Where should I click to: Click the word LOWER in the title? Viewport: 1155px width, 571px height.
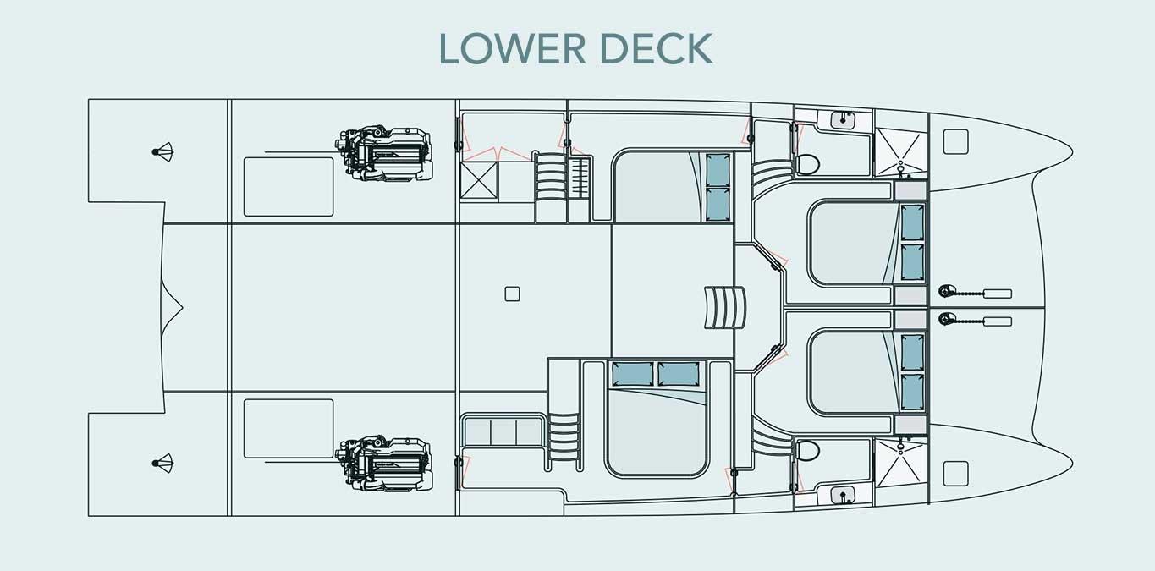coord(513,48)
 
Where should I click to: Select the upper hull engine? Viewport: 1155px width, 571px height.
coord(384,153)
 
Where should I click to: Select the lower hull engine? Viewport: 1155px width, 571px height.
coord(384,464)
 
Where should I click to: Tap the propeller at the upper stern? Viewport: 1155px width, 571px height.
coord(163,152)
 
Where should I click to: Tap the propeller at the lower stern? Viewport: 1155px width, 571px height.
coord(163,464)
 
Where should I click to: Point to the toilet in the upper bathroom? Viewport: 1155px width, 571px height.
coord(808,165)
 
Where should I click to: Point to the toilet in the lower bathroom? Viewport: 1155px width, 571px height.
coord(808,451)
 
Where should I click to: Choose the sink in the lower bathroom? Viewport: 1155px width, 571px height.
coord(843,496)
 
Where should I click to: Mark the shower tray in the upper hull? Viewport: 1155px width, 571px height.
coord(901,152)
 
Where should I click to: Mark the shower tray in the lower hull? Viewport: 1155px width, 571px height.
coord(901,464)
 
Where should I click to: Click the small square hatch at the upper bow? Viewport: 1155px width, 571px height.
coord(955,142)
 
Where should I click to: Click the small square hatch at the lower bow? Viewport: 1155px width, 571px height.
coord(955,474)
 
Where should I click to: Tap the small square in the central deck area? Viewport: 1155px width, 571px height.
coord(512,294)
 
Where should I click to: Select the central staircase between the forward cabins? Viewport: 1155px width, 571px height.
coord(725,308)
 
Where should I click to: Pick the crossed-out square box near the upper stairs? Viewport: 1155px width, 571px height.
coord(479,180)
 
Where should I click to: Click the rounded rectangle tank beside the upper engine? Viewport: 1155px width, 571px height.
coord(289,187)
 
